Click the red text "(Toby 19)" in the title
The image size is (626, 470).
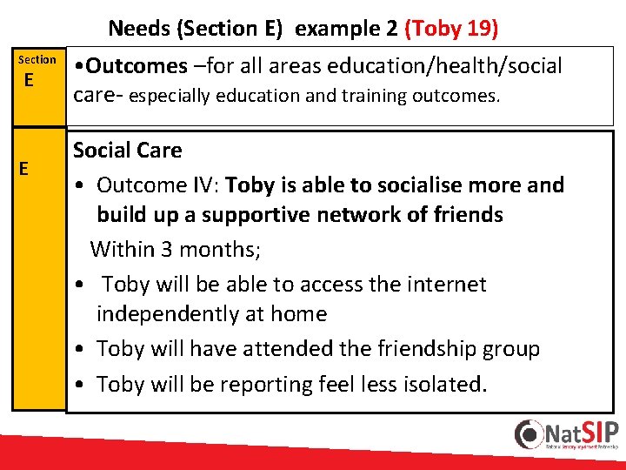point(451,28)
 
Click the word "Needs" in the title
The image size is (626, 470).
point(139,28)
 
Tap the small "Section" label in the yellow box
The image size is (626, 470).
point(37,59)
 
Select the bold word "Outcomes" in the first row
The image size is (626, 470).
point(137,66)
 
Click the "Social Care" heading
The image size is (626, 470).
point(127,150)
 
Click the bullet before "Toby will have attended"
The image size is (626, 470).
point(79,350)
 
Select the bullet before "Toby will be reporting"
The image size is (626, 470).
point(79,385)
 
